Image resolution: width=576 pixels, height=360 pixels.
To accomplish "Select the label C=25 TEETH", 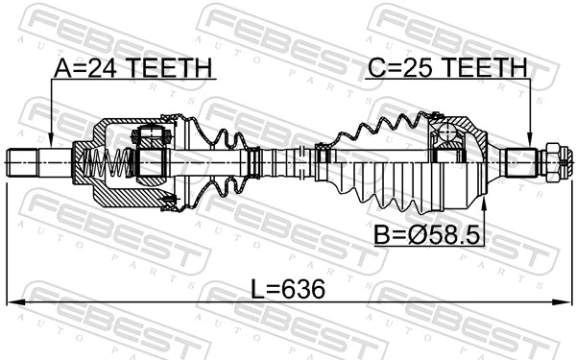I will click(446, 68).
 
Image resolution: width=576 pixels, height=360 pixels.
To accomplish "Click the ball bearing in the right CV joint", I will click(447, 134).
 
